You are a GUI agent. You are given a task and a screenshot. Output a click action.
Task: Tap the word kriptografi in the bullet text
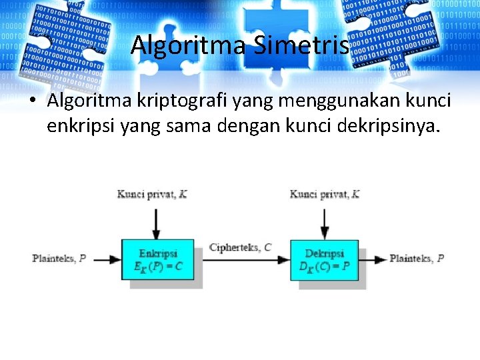(x=172, y=101)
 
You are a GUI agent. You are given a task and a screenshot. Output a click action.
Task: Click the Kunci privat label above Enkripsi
(x=152, y=194)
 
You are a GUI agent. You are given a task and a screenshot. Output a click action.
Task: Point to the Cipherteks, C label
(x=240, y=247)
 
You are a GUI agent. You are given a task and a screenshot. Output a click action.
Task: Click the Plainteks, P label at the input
(x=59, y=258)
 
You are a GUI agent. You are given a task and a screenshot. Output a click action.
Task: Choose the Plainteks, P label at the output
(x=417, y=258)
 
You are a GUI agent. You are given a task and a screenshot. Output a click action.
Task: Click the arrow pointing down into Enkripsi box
(x=156, y=223)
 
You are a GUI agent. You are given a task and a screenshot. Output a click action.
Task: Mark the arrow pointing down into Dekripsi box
(x=324, y=223)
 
